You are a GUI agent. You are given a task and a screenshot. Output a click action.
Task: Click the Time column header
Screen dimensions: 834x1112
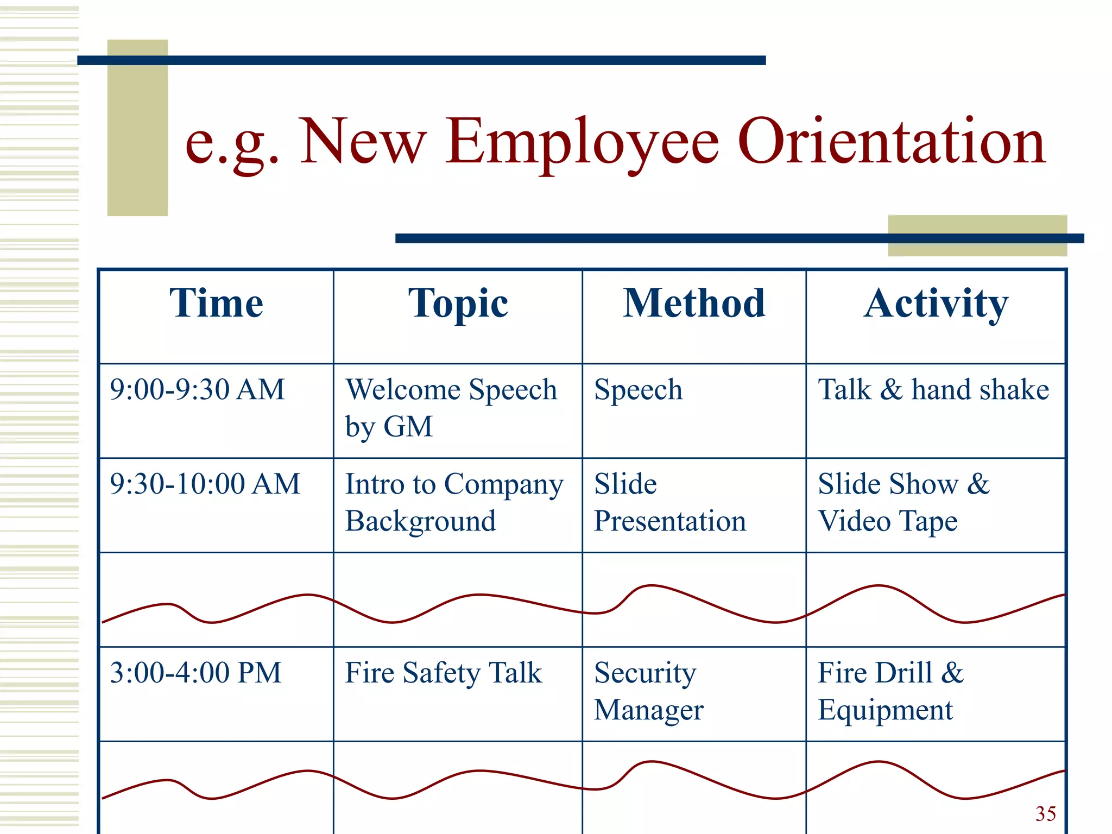click(216, 303)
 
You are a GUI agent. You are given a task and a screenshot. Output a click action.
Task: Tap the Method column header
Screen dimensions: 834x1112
click(693, 303)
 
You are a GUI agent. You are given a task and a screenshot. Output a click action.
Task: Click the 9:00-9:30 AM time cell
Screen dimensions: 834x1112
click(197, 390)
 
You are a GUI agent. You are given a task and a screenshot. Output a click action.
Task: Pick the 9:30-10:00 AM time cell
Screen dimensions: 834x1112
click(205, 484)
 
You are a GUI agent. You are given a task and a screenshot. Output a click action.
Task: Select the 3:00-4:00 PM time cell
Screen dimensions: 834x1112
click(195, 673)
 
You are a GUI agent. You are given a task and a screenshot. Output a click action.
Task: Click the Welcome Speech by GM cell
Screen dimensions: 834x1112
click(451, 408)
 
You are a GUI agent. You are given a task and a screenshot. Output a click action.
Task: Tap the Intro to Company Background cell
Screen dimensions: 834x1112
click(454, 503)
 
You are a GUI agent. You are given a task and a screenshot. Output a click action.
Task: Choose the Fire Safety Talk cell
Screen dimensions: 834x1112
click(443, 673)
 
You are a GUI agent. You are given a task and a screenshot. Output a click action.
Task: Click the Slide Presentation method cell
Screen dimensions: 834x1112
click(669, 503)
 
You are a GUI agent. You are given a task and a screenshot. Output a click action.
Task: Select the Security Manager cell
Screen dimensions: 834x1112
click(648, 691)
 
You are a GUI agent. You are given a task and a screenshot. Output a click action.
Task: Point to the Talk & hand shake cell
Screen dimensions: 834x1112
click(933, 390)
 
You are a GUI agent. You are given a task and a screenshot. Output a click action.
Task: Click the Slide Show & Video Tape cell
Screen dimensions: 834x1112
click(903, 503)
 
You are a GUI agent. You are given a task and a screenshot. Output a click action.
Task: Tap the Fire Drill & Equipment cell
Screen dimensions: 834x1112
click(890, 691)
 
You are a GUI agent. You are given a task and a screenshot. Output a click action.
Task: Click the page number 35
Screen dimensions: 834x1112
click(1045, 813)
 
